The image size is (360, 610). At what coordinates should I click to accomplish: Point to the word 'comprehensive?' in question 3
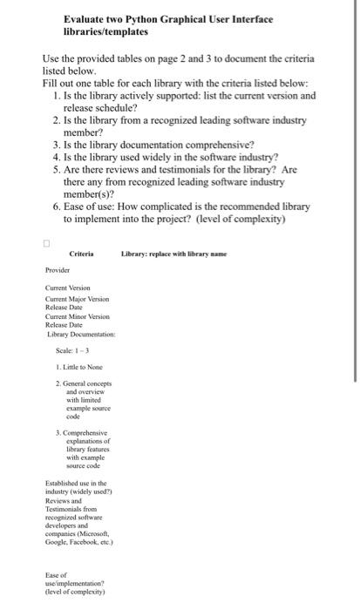pos(210,144)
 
